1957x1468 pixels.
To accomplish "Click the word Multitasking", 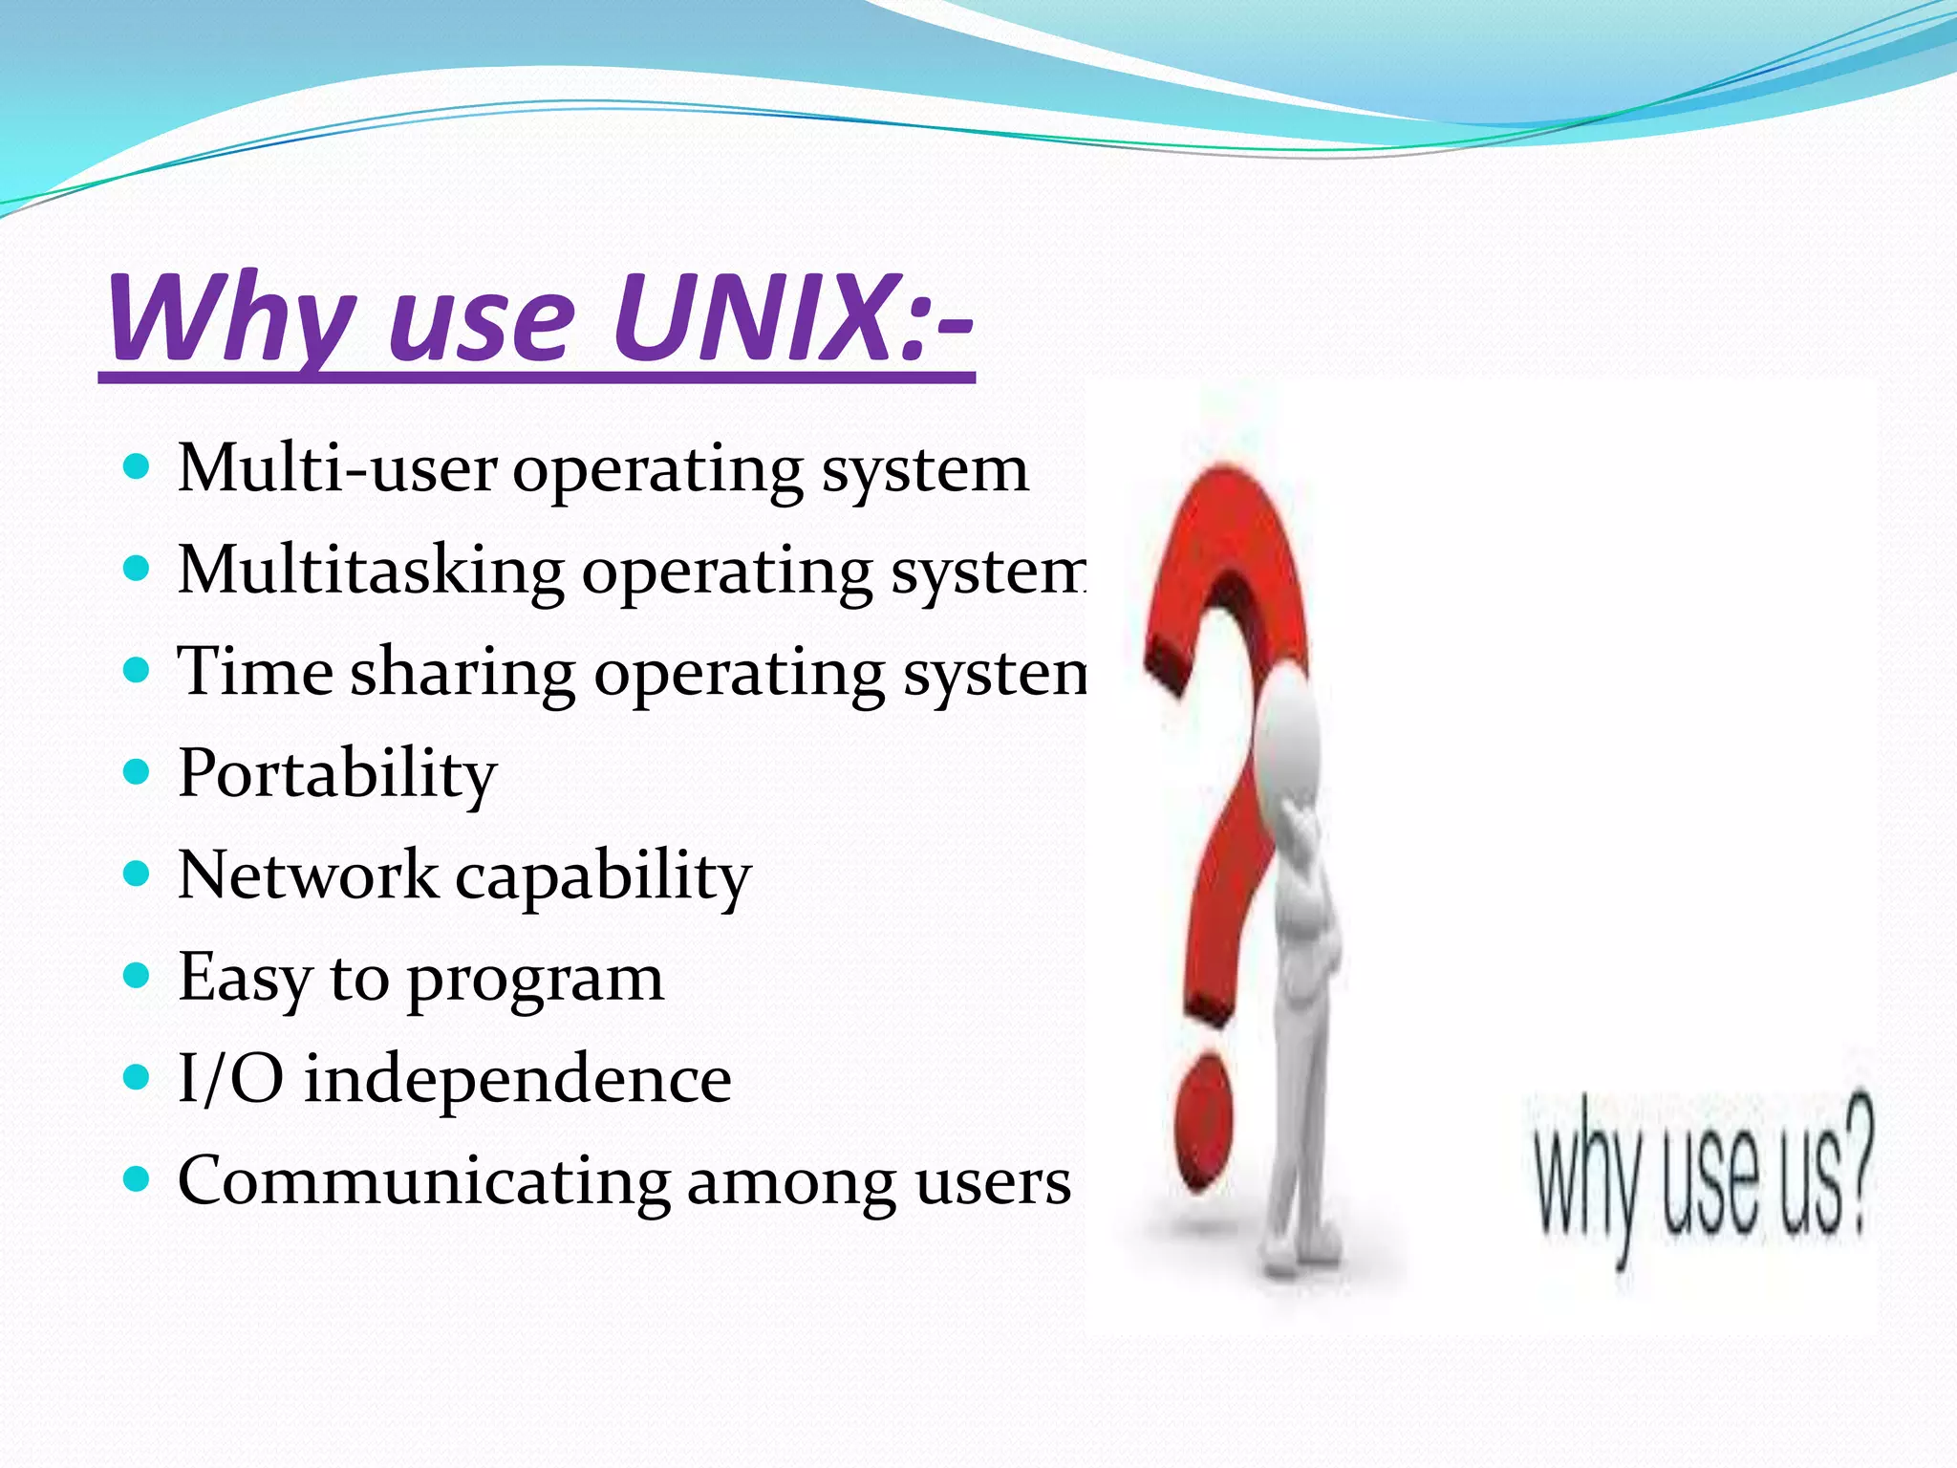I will point(371,572).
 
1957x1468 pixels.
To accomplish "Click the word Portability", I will point(336,774).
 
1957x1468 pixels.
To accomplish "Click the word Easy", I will point(245,980).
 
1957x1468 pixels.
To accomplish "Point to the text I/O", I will point(230,1080).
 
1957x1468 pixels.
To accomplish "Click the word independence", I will point(517,1080).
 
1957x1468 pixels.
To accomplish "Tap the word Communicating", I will point(423,1183).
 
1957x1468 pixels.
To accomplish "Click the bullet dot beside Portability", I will point(138,772).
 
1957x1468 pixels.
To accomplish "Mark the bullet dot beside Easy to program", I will point(138,976).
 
